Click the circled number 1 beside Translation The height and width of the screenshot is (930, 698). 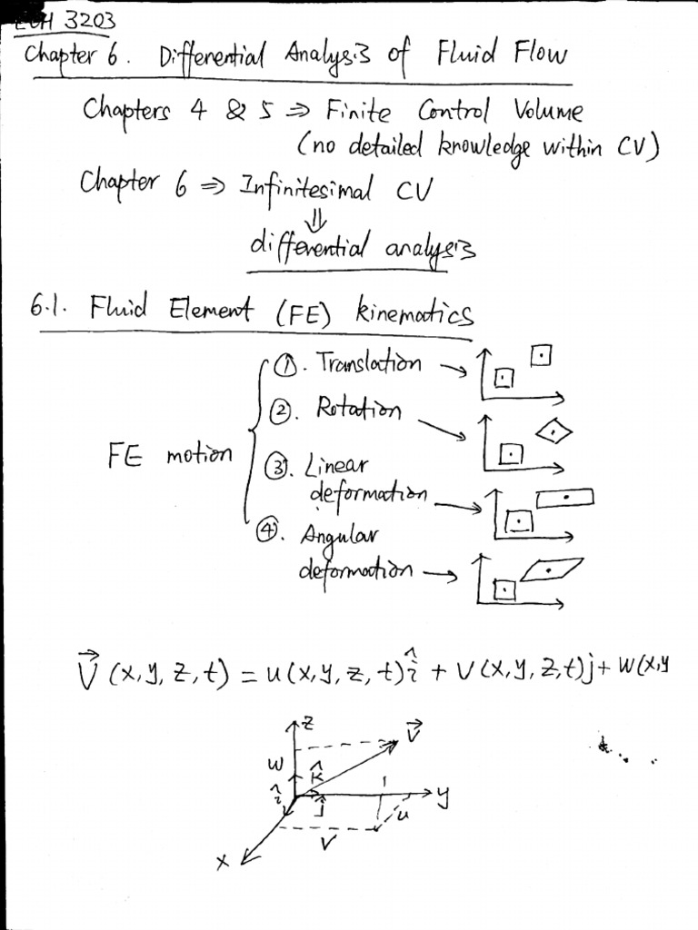[284, 365]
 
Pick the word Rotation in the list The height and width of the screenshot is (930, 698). [357, 410]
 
